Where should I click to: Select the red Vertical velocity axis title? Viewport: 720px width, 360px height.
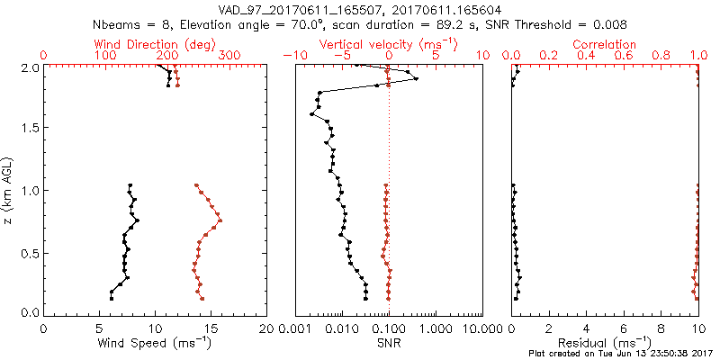coord(387,44)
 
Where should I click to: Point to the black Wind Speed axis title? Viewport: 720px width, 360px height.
coord(155,343)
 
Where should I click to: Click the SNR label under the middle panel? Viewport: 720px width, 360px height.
coord(389,343)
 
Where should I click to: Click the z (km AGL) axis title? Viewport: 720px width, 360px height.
coord(8,190)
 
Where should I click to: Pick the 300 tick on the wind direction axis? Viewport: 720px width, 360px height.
coord(229,56)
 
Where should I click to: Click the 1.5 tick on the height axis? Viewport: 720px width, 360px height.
coord(29,129)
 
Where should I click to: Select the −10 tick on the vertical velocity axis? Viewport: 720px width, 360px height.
coord(292,56)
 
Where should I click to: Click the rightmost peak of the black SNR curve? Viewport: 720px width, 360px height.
coord(417,79)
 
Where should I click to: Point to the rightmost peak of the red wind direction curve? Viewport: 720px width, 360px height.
coord(220,220)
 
